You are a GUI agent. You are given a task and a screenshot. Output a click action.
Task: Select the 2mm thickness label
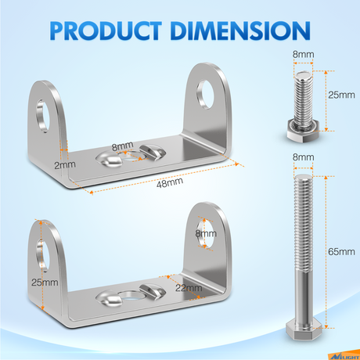(41, 166)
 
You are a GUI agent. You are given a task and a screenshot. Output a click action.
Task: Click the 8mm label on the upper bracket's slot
(121, 145)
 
